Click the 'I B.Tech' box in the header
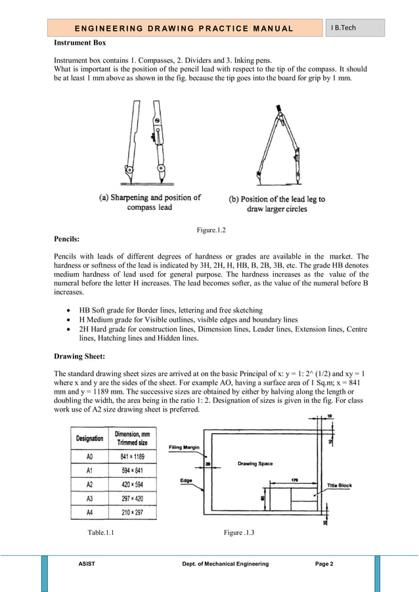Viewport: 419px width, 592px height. (x=355, y=28)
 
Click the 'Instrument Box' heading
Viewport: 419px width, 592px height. (x=79, y=43)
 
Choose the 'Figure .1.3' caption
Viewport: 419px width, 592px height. (x=238, y=532)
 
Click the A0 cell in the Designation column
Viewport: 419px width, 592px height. (x=90, y=456)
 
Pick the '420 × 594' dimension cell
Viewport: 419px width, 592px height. (x=133, y=484)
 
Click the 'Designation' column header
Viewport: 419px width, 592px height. (x=90, y=438)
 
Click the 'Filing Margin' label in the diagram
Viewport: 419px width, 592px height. (x=185, y=448)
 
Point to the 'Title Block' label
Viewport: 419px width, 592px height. (x=340, y=486)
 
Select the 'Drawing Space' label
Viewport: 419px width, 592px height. (x=255, y=464)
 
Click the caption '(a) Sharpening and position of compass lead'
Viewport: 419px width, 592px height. (x=150, y=202)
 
